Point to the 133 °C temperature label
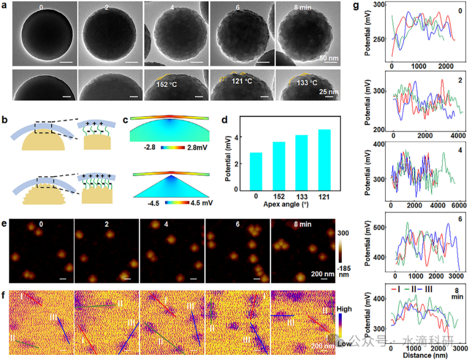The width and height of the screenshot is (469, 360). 299,82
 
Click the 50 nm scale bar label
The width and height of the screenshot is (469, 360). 329,57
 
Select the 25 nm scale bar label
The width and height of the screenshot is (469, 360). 330,92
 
